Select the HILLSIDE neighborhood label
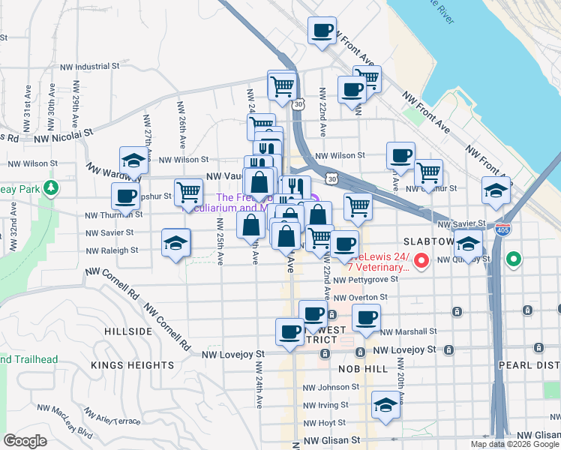coord(128,331)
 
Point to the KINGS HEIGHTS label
coord(132,365)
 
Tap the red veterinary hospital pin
coord(421,261)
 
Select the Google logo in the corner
coord(25,441)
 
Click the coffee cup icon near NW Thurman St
coord(126,196)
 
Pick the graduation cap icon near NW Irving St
coord(385,406)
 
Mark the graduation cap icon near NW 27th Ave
coord(133,160)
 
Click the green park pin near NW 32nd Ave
coord(51,187)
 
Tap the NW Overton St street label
coord(361,297)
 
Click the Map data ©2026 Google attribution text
coord(514,444)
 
